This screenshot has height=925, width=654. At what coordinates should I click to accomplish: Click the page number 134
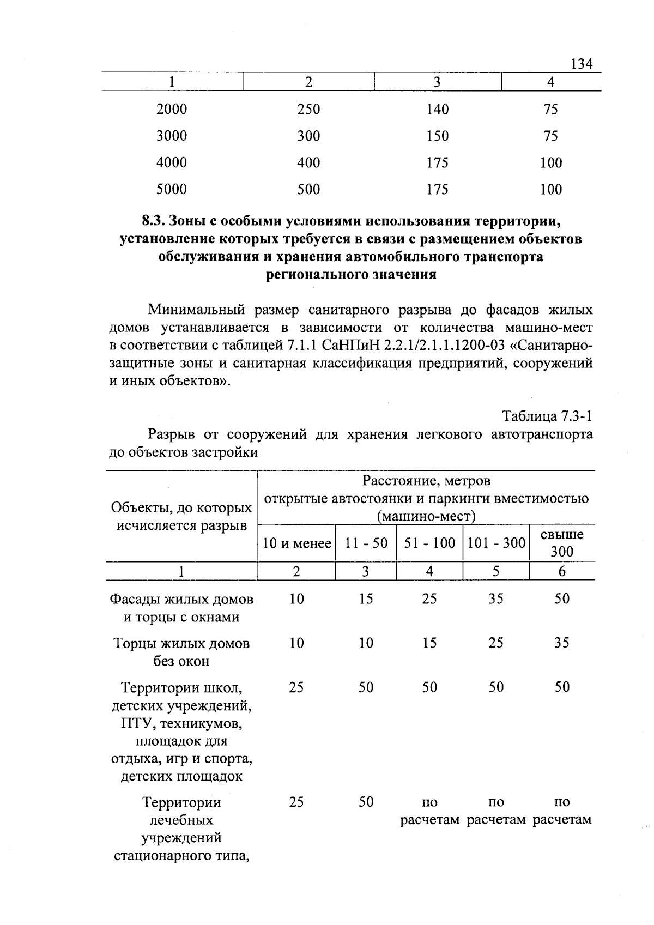tap(581, 64)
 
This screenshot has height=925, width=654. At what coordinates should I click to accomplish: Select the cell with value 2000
tap(172, 110)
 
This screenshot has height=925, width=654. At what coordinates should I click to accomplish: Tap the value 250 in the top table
tap(308, 110)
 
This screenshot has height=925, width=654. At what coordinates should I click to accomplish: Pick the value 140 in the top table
tap(437, 110)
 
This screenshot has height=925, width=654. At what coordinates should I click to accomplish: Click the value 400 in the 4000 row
tap(308, 163)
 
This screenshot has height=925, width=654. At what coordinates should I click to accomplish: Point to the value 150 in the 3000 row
tap(437, 136)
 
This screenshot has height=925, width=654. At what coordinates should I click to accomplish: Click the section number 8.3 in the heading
tap(154, 221)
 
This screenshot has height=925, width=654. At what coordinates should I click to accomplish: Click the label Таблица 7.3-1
tap(547, 417)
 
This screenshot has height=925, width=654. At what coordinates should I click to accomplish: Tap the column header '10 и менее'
tap(296, 543)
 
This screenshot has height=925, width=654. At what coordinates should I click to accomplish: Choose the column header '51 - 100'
tap(429, 543)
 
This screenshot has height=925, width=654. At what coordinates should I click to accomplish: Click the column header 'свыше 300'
tap(562, 543)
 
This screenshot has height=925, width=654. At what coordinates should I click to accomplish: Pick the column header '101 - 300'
tap(496, 543)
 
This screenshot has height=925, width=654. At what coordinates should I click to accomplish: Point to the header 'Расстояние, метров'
tap(426, 481)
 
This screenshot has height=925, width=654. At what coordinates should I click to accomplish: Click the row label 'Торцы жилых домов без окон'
tap(181, 652)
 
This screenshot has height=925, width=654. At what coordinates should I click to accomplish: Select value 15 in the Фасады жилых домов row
tap(366, 599)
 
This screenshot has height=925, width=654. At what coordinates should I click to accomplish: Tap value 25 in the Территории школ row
tap(296, 687)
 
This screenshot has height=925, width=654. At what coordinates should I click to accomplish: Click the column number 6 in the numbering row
tap(562, 571)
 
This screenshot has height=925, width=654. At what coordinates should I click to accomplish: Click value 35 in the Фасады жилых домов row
tap(495, 599)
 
